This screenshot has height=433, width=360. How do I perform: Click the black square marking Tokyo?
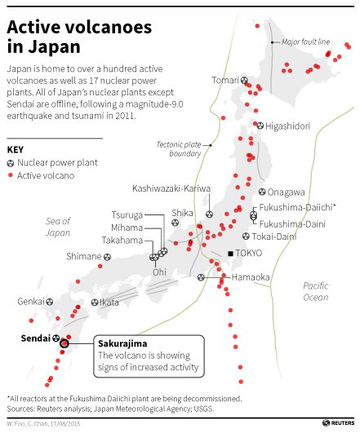pos(231,254)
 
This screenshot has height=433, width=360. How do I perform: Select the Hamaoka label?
pos(251,277)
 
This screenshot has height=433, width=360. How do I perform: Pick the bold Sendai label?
pos(32,337)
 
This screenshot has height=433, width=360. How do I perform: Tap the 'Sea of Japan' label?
pos(58,227)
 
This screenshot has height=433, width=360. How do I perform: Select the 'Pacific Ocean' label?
pos(315,291)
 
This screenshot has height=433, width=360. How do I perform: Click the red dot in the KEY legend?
pos(11,176)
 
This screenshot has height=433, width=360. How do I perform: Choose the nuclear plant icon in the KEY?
pos(11,163)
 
